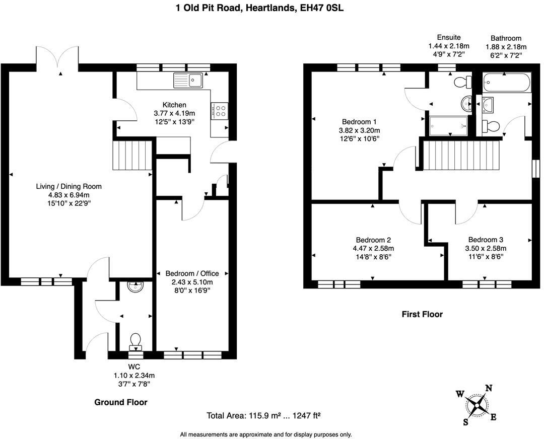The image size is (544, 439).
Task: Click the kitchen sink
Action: click(x=188, y=80)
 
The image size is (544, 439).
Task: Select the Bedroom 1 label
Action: click(x=359, y=122)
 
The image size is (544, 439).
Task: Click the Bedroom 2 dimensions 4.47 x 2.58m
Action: click(x=373, y=248)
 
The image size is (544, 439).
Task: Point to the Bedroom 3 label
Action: click(x=485, y=240)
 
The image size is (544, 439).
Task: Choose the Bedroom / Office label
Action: click(x=192, y=273)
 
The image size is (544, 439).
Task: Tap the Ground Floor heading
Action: click(x=121, y=402)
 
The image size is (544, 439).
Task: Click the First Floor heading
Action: click(x=422, y=314)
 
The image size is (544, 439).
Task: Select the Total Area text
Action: click(x=263, y=416)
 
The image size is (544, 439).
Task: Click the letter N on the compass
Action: click(x=488, y=388)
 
